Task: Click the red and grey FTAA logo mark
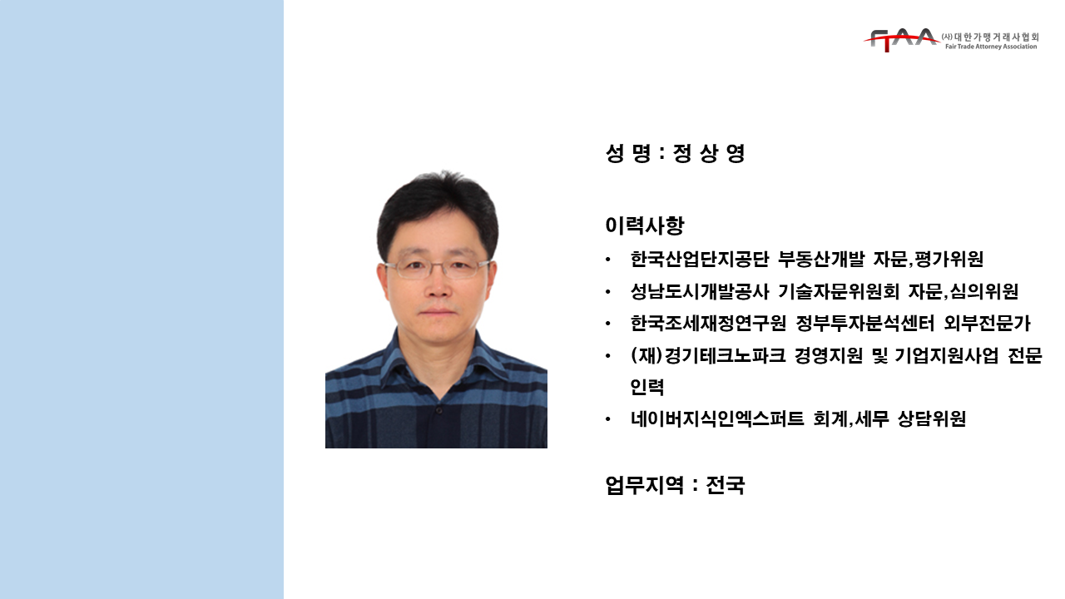(901, 40)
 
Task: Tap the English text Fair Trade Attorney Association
(991, 47)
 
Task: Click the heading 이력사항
(645, 225)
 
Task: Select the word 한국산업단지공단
(700, 259)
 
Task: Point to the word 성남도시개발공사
(700, 291)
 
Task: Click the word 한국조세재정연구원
(708, 324)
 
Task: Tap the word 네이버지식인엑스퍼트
(717, 418)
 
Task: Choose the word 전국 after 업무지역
(725, 485)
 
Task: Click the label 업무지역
(645, 485)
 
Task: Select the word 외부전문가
(987, 324)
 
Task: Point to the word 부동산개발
(820, 259)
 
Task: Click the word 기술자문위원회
(838, 291)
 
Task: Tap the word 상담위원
(931, 418)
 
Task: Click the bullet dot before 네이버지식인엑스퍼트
(607, 419)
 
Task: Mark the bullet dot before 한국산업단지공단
(607, 260)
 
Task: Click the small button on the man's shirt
(438, 410)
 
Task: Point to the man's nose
(438, 286)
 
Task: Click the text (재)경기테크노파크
(707, 355)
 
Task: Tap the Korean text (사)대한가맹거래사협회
(990, 37)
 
